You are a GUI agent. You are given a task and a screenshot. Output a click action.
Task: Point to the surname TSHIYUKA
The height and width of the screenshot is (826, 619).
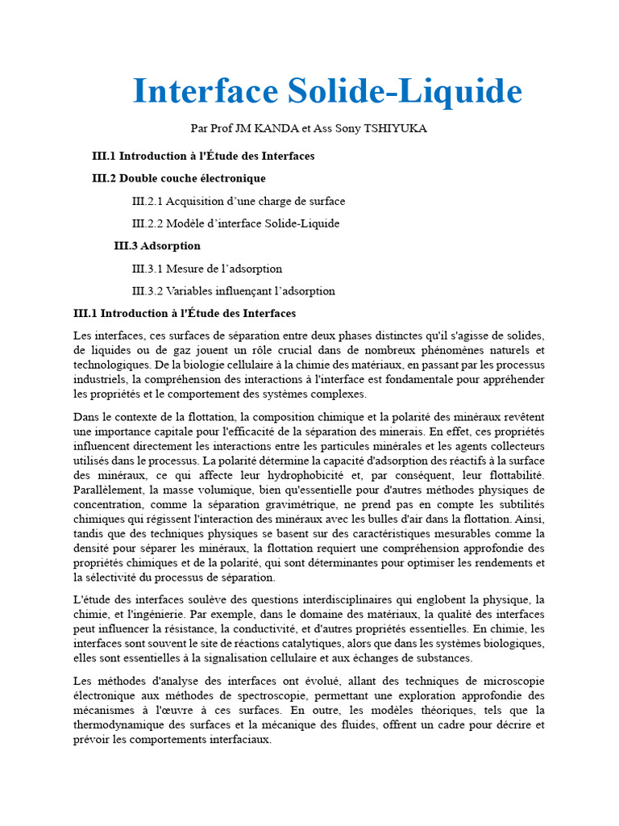coord(396,128)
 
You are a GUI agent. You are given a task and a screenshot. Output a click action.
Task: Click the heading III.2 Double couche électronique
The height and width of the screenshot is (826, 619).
coord(179,178)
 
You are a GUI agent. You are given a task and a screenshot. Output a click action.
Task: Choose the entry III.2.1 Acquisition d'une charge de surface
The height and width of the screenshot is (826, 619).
coord(239,201)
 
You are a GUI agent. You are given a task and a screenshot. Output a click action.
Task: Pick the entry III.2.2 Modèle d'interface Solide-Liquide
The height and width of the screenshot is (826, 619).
coord(235,223)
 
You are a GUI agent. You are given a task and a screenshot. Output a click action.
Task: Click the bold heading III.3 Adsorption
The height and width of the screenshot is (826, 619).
coord(157,246)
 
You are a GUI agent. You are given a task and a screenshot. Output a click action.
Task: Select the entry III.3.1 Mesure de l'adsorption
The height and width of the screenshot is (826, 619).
coord(207,269)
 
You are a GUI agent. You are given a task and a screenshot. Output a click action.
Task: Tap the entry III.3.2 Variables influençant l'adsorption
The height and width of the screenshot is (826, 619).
coord(234,291)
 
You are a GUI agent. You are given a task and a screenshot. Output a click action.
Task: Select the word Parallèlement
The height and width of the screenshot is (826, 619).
coord(106,490)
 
